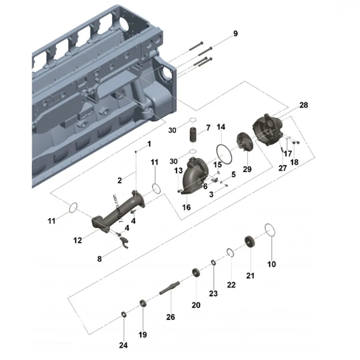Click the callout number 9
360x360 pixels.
(235, 34)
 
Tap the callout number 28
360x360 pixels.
(303, 105)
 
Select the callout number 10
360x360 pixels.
(271, 264)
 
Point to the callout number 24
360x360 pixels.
(123, 345)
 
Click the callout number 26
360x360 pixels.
(170, 317)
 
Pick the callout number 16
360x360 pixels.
(186, 207)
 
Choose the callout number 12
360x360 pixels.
(78, 240)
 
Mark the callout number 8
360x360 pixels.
(100, 259)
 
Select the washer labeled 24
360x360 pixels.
(123, 314)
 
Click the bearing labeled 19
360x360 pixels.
(143, 303)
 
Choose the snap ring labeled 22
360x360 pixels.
(230, 253)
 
